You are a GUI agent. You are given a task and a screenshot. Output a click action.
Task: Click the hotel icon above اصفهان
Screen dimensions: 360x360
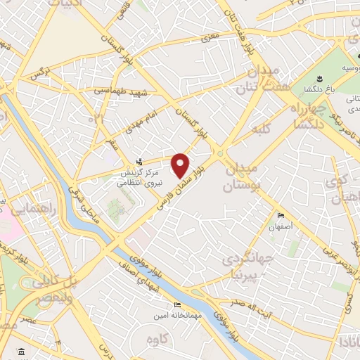pos(281,215)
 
